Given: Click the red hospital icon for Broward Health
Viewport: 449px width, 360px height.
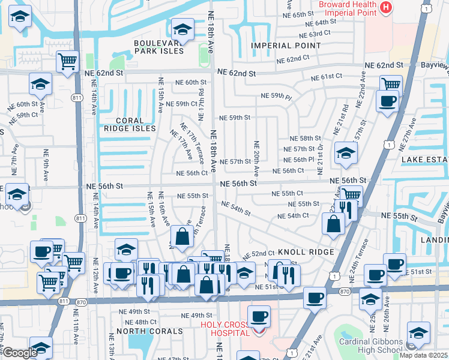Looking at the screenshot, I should [386, 8].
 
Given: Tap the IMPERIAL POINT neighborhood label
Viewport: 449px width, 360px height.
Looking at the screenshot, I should [286, 46].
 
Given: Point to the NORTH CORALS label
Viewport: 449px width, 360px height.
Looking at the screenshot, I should [149, 331].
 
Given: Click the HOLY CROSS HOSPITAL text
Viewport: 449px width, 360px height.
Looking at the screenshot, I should [225, 329].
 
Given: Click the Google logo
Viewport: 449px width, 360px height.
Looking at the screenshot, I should [20, 353].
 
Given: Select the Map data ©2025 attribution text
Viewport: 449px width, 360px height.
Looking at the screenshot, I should [423, 355].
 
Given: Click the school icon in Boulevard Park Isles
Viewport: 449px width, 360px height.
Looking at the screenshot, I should [182, 29].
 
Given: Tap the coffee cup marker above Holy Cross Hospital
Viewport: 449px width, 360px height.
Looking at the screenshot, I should [259, 316].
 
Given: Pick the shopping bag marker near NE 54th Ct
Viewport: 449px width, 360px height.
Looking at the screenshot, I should [333, 224].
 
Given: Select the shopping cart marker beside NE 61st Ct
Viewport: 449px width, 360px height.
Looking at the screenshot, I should [390, 85].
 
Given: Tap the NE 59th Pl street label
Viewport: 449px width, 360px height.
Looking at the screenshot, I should [276, 96].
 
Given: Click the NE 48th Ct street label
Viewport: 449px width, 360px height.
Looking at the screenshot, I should [137, 322].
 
